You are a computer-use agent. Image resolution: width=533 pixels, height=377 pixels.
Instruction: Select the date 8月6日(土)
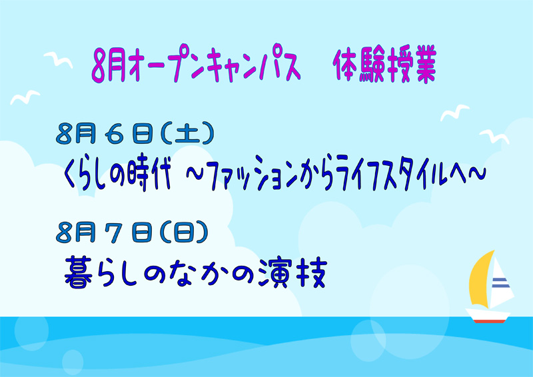(x=135, y=133)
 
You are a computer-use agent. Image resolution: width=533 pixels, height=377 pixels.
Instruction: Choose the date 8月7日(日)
(x=132, y=232)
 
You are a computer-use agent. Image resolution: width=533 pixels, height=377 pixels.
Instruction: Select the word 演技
(x=292, y=272)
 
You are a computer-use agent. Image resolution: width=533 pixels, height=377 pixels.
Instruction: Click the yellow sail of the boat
(x=479, y=280)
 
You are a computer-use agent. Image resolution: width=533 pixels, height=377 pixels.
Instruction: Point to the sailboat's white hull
(x=488, y=314)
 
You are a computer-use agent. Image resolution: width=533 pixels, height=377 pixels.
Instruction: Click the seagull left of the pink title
(x=58, y=60)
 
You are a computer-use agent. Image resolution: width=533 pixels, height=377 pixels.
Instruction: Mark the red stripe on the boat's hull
(x=490, y=321)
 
